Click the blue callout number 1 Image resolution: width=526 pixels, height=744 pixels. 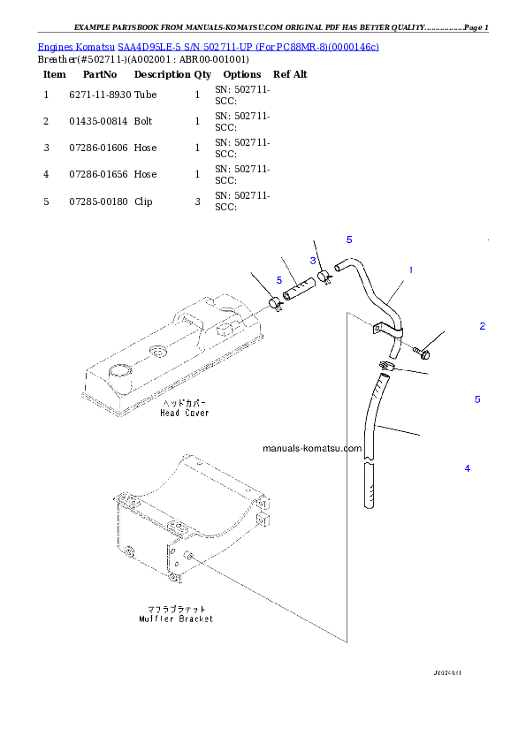click(x=410, y=270)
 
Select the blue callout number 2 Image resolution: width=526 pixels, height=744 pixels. click(x=482, y=326)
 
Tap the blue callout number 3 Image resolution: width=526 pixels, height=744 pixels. click(x=313, y=261)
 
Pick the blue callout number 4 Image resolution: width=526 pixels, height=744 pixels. click(x=468, y=467)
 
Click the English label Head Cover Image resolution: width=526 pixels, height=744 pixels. click(x=185, y=413)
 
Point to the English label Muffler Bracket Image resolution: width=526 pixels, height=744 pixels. click(x=177, y=619)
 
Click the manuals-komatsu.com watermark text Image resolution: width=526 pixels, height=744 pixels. click(x=312, y=448)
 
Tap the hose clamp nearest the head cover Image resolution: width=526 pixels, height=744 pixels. click(x=275, y=305)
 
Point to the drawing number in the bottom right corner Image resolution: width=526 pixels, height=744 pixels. click(x=447, y=672)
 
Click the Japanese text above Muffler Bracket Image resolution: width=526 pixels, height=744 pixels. click(x=177, y=609)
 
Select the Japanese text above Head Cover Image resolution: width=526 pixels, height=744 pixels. click(x=185, y=403)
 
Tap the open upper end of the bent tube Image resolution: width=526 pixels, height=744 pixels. click(x=339, y=263)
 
